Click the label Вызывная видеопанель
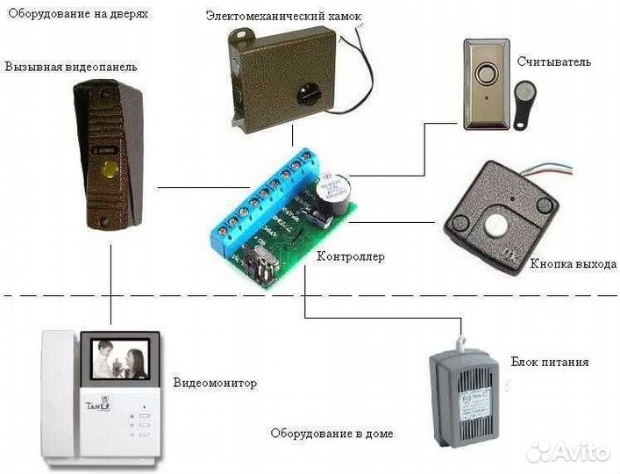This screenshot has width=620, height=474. click(71, 67)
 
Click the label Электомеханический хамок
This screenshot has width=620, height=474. click(282, 17)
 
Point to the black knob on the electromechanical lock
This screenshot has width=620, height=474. click(307, 91)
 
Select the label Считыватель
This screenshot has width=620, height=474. click(554, 62)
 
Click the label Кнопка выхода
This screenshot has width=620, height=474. click(574, 263)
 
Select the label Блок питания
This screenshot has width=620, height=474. click(549, 362)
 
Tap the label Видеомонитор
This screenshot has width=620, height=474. click(215, 384)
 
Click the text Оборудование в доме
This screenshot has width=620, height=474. click(332, 434)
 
